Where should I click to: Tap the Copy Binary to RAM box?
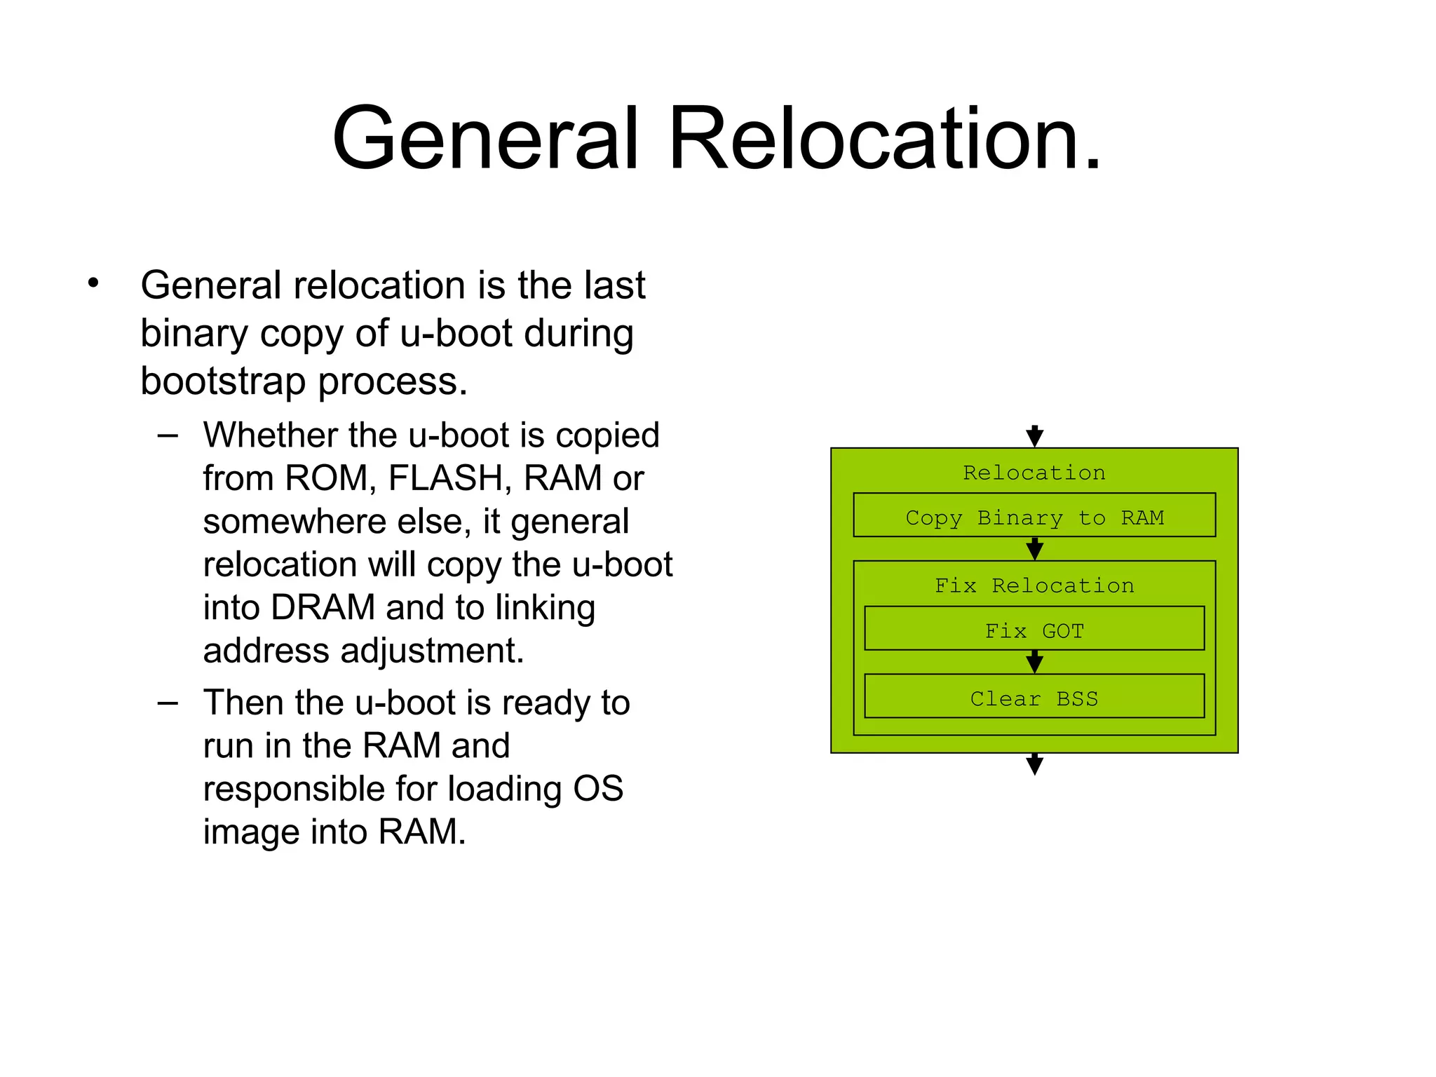click(x=1034, y=516)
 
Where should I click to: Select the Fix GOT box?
click(x=1034, y=630)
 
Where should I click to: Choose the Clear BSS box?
click(x=1034, y=697)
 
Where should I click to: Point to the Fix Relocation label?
click(x=1034, y=585)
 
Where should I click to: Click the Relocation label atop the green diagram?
click(x=1034, y=472)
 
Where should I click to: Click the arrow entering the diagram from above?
click(x=1034, y=436)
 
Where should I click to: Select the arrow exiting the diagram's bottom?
click(x=1034, y=764)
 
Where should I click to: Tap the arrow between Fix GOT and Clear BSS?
click(x=1034, y=662)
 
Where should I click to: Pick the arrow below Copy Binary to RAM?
click(x=1034, y=548)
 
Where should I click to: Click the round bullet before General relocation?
click(x=93, y=284)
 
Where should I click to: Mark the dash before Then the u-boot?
click(x=168, y=703)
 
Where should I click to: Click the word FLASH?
click(x=444, y=478)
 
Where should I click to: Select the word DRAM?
click(x=323, y=607)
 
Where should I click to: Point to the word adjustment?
click(x=432, y=651)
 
